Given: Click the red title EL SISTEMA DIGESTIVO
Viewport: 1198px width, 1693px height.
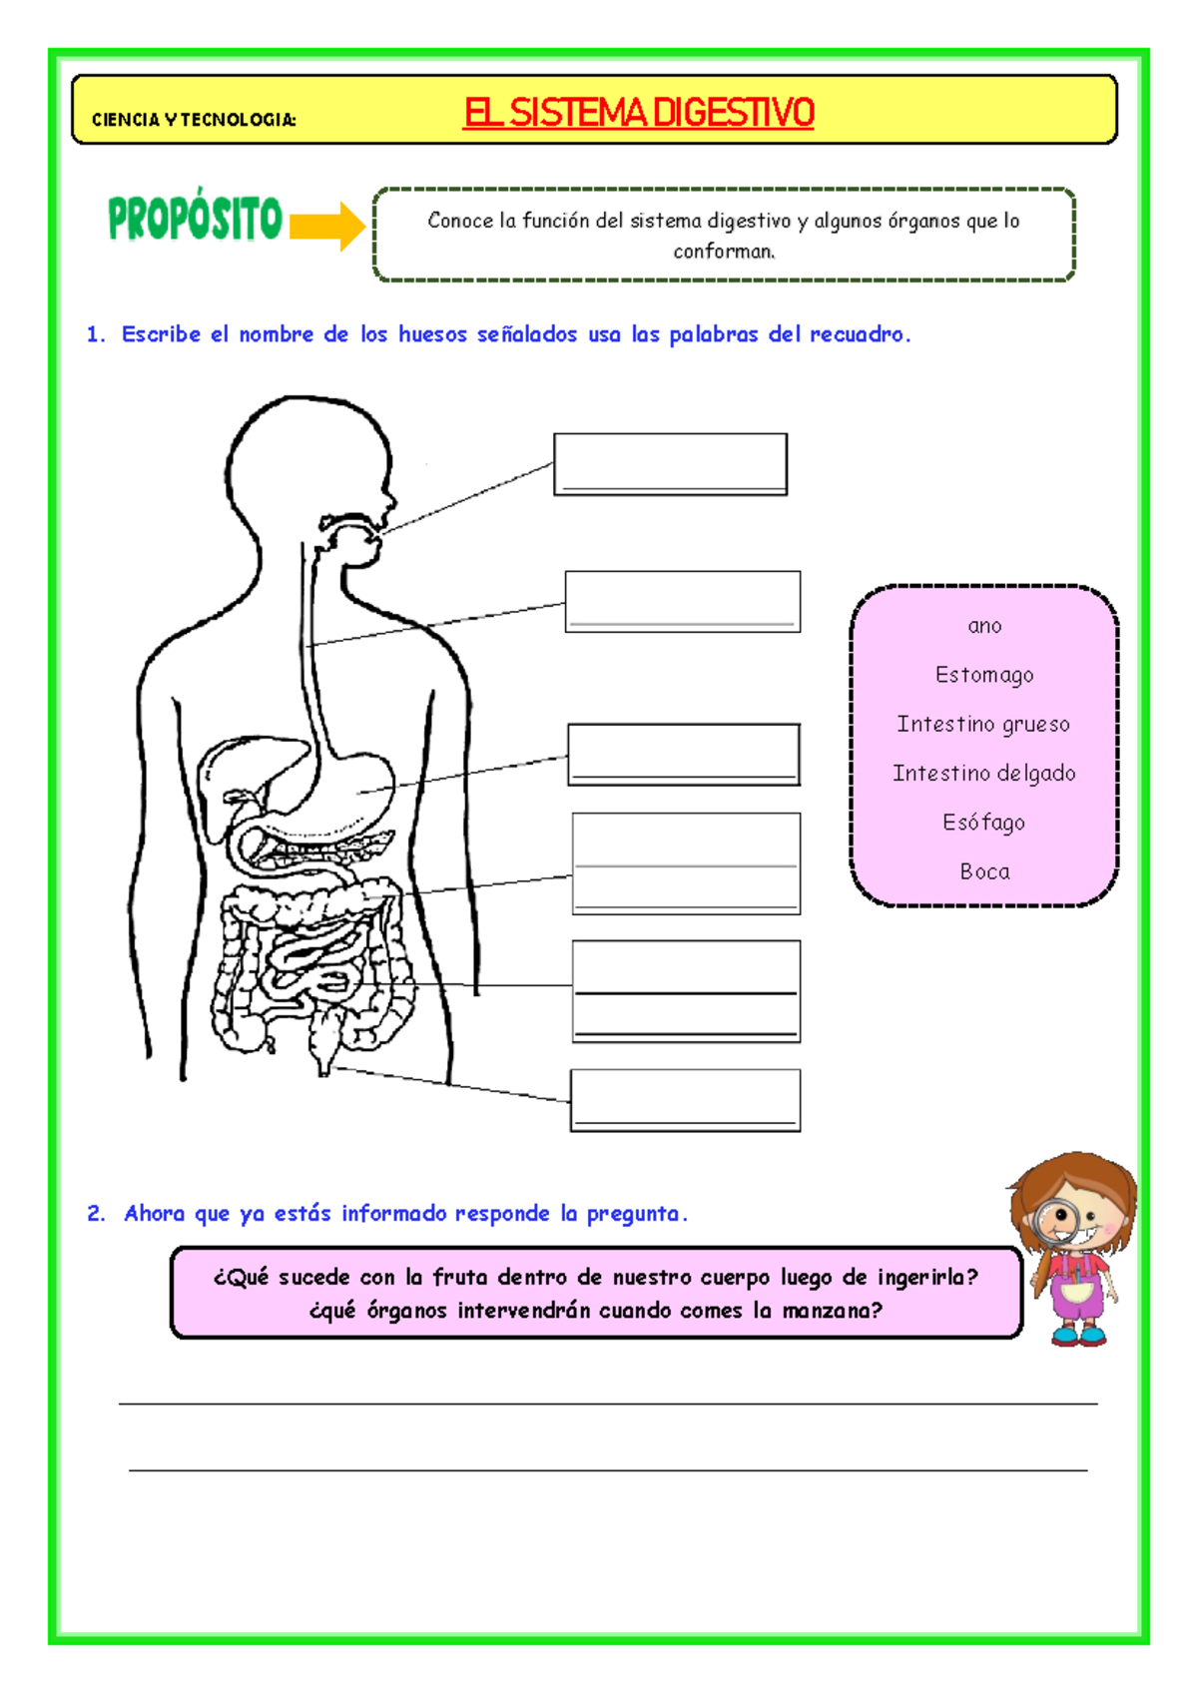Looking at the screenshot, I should point(639,112).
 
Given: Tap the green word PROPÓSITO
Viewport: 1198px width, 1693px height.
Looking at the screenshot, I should point(196,219).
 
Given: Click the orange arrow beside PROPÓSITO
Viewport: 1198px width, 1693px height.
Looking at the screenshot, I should point(327,226).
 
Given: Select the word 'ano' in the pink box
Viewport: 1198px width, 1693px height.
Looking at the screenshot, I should point(984,626).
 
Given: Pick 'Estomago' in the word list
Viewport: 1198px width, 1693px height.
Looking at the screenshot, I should point(984,675).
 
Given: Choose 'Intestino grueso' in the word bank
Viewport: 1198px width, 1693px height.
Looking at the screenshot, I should point(983,724).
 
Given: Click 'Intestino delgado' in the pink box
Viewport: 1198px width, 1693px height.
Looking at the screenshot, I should point(984,773).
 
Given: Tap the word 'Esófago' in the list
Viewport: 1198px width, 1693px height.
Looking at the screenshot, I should point(984,822).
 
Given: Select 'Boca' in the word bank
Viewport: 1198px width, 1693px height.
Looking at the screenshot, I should point(984,871).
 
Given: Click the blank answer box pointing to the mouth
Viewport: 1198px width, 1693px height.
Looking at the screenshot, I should point(670,463).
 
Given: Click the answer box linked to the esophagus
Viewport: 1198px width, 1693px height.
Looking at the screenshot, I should point(683,601).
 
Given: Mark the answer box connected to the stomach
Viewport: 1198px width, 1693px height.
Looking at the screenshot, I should point(684,754).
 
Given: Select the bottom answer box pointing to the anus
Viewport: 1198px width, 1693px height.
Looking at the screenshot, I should point(685,1100).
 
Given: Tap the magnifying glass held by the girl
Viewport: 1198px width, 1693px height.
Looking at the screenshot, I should point(1056,1220).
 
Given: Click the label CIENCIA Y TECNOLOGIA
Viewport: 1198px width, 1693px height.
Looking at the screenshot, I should point(194,120).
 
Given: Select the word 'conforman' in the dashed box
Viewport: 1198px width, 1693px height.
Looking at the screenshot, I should point(724,251).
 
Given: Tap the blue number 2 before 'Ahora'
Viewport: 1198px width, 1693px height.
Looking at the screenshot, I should point(96,1214).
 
